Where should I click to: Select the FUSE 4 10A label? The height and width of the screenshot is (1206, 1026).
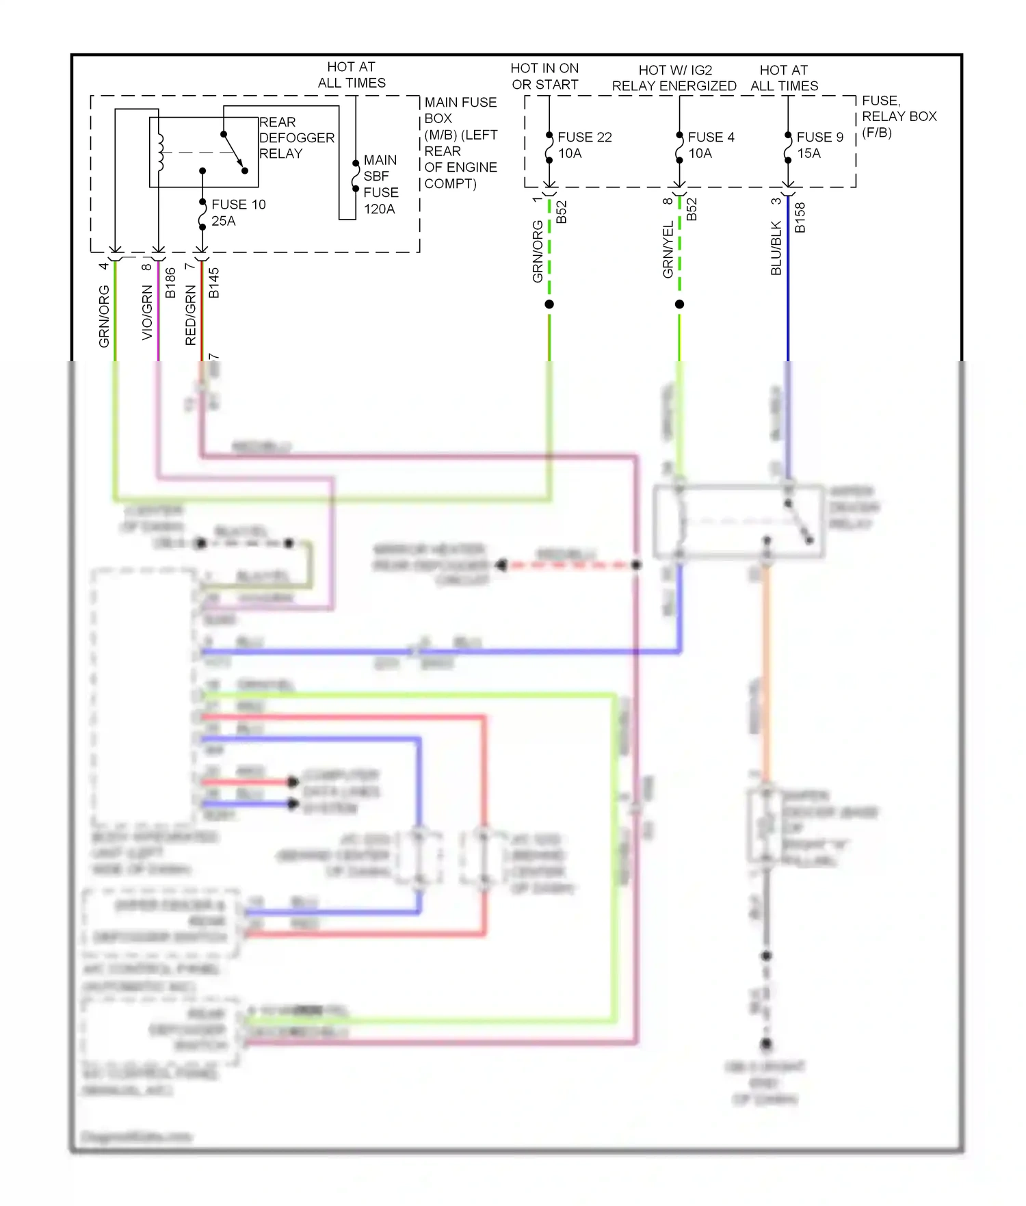pyautogui.click(x=711, y=145)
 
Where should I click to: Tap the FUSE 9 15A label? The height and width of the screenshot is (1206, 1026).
pyautogui.click(x=819, y=145)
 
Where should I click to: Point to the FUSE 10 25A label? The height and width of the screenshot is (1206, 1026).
pyautogui.click(x=237, y=213)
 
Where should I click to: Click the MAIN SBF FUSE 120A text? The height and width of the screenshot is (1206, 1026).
pyautogui.click(x=380, y=185)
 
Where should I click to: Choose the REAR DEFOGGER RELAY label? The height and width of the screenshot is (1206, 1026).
pyautogui.click(x=296, y=138)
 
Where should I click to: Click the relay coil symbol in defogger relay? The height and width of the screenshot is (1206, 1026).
pyautogui.click(x=160, y=152)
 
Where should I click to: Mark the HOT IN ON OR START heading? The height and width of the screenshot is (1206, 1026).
pyautogui.click(x=544, y=77)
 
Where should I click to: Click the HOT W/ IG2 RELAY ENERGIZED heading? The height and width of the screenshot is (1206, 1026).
pyautogui.click(x=674, y=78)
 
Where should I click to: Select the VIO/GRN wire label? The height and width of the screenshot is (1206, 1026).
pyautogui.click(x=147, y=313)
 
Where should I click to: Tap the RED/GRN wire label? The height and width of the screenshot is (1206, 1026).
pyautogui.click(x=191, y=315)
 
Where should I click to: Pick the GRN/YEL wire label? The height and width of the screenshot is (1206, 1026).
pyautogui.click(x=668, y=250)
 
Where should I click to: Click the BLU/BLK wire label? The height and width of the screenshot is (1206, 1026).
pyautogui.click(x=776, y=248)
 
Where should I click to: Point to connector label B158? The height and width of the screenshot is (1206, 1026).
pyautogui.click(x=800, y=218)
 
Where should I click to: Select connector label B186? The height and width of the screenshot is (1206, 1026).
pyautogui.click(x=170, y=283)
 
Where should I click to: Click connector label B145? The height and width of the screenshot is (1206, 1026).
pyautogui.click(x=213, y=283)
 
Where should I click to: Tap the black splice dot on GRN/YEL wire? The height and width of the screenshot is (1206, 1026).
pyautogui.click(x=679, y=304)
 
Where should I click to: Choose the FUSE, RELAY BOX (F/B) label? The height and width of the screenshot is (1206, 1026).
pyautogui.click(x=898, y=116)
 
